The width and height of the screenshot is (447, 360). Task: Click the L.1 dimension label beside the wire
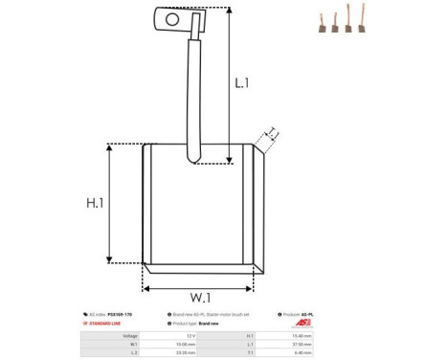242,84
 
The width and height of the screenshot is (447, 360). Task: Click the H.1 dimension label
95,204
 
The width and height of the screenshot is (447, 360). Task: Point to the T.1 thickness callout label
272,131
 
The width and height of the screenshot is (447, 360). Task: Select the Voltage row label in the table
129,336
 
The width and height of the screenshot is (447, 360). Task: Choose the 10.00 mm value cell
187,345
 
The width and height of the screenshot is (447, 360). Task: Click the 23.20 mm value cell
187,353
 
